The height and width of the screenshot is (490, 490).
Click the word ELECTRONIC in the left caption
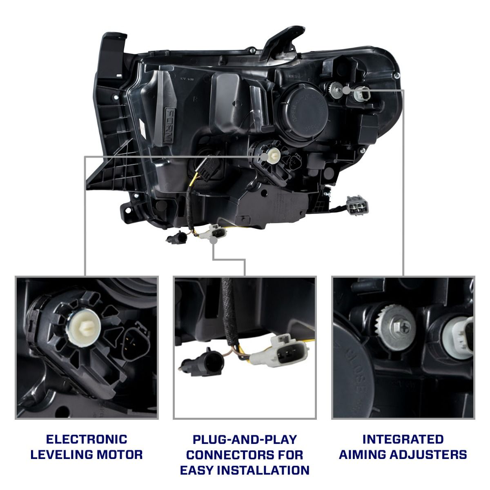click(x=87, y=439)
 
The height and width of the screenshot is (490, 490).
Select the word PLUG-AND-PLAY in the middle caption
click(x=245, y=439)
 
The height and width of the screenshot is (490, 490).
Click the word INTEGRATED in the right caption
click(x=403, y=439)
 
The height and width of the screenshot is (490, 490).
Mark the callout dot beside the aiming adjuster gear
click(x=346, y=89)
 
